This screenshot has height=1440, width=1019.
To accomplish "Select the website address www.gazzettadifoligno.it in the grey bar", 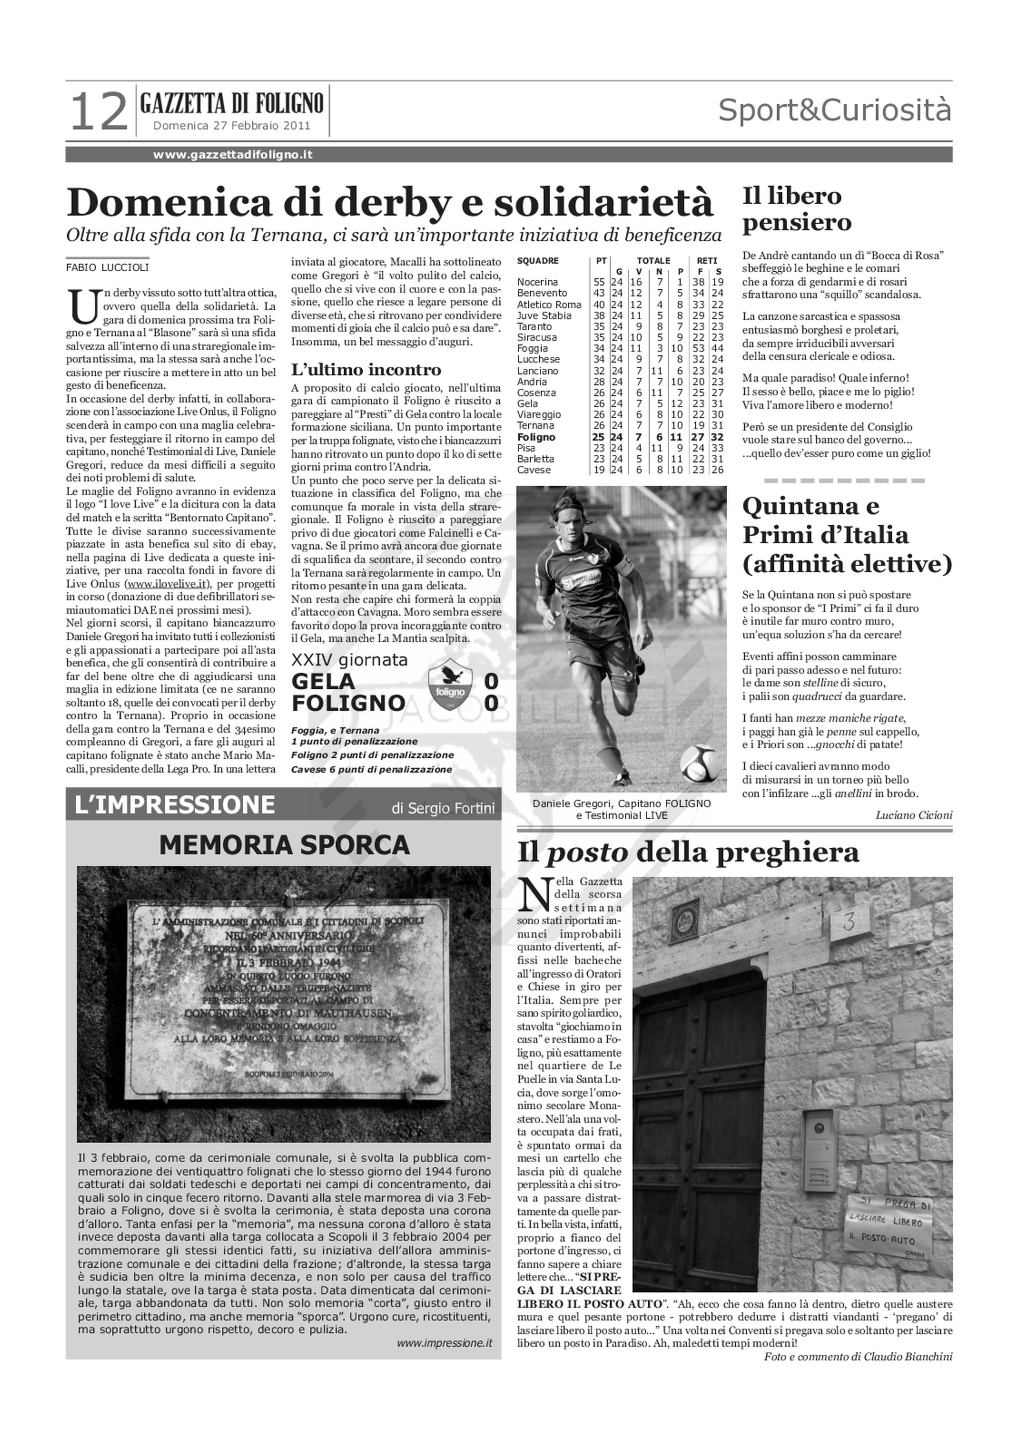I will pyautogui.click(x=232, y=155).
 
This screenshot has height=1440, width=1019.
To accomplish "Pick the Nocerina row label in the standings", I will pyautogui.click(x=537, y=282).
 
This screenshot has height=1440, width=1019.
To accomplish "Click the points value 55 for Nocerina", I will pyautogui.click(x=599, y=282).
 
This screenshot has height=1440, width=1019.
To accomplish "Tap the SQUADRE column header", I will pyautogui.click(x=538, y=261).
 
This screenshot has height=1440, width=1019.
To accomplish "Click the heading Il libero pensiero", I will pyautogui.click(x=797, y=209).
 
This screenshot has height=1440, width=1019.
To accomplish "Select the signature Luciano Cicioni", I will pyautogui.click(x=913, y=816).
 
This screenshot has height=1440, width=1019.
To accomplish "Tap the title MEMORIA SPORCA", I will pyautogui.click(x=284, y=845).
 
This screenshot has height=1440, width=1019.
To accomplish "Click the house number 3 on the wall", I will pyautogui.click(x=850, y=922).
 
